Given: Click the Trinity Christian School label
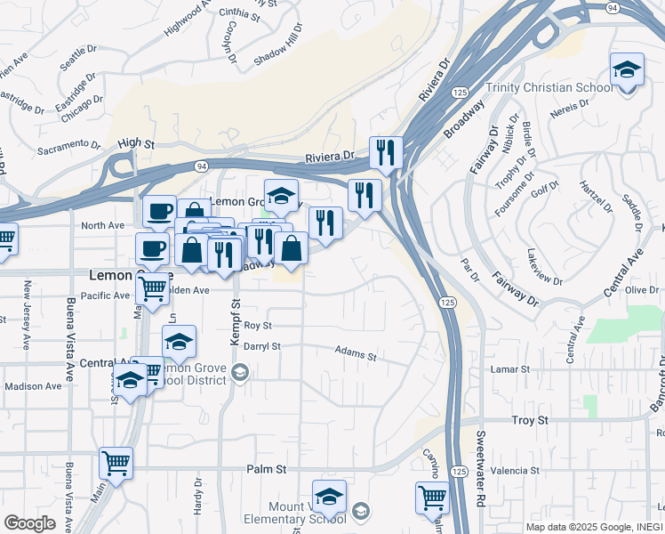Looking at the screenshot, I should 549,87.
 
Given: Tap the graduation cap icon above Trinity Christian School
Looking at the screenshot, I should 627,69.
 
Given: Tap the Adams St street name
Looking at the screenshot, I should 356,353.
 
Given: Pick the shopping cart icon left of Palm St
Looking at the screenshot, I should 116,462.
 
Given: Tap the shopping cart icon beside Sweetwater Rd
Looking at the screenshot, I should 432,498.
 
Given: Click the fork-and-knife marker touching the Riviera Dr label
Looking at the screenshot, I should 386,152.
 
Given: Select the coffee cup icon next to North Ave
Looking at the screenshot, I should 159,211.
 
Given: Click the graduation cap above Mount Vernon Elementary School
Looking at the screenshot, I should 329,496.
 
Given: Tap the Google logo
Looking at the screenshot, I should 29,523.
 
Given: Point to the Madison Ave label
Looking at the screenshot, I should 33,386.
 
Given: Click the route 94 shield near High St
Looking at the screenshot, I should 202,166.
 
